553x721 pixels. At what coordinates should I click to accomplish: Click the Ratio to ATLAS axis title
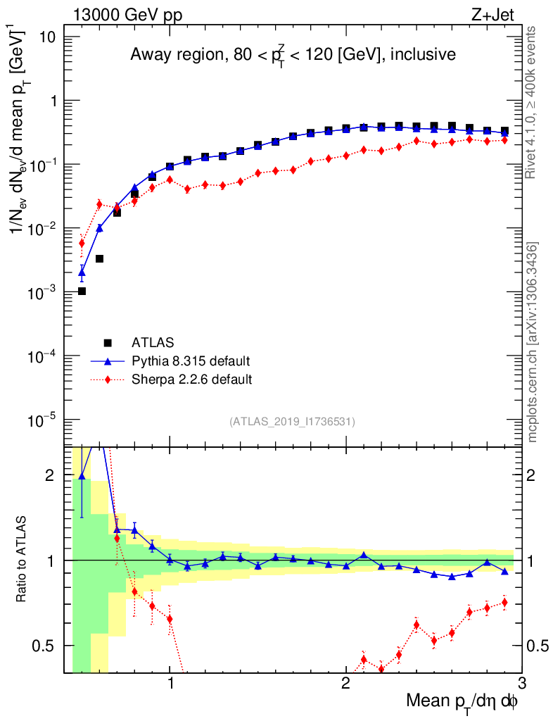point(23,560)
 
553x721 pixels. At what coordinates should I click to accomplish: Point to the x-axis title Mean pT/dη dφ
point(462,701)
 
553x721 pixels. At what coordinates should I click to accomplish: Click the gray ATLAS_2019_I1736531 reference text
point(292,422)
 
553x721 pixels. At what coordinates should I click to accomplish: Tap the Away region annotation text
point(293,55)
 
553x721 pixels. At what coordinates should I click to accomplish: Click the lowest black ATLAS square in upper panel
point(82,291)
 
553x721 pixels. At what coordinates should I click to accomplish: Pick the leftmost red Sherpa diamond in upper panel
point(82,244)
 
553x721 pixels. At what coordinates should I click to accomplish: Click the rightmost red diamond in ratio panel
point(504,602)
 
